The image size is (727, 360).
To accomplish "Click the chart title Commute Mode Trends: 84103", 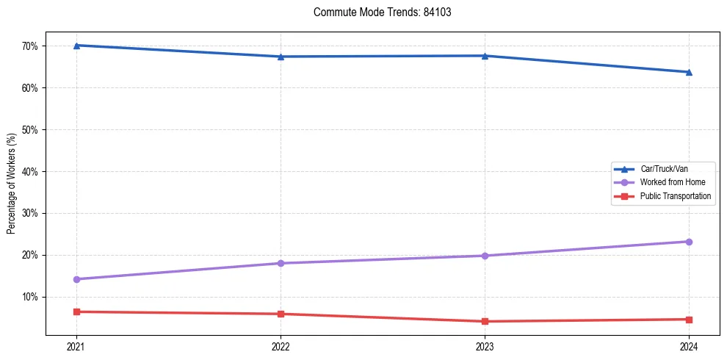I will pos(376,12).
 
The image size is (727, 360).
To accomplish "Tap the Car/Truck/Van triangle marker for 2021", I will pos(76,46).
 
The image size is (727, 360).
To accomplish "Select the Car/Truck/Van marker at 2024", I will pos(689,72).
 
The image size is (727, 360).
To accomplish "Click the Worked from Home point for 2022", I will pos(281,263).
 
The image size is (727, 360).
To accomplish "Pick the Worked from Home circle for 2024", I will pos(689,242).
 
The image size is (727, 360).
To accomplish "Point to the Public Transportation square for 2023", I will pos(485,321).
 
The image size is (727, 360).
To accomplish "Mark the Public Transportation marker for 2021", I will pos(76,312).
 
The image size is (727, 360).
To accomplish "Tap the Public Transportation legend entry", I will pos(675,196).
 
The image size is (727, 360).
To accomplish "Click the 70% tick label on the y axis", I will pos(32,46).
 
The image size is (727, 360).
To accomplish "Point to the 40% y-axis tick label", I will pos(32,172).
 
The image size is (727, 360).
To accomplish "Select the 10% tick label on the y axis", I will pos(32,298).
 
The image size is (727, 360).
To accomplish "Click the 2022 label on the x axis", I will pos(281,347).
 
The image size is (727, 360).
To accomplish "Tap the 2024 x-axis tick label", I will pos(689,347).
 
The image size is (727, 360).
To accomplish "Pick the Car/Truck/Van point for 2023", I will pos(485,56).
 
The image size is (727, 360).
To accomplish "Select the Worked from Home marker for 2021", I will pos(76,279).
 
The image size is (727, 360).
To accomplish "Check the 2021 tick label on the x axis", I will pos(76,347).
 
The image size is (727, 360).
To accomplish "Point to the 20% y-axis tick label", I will pos(32,256).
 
